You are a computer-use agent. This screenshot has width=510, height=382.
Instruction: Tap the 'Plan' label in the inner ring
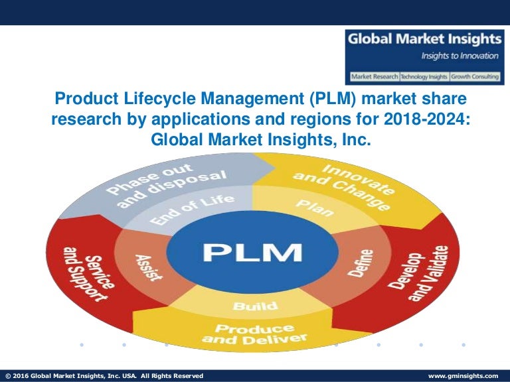pyautogui.click(x=311, y=207)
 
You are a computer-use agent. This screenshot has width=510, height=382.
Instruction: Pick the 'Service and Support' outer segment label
pyautogui.click(x=94, y=273)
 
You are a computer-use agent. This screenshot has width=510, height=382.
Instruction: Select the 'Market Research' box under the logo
pyautogui.click(x=373, y=76)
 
